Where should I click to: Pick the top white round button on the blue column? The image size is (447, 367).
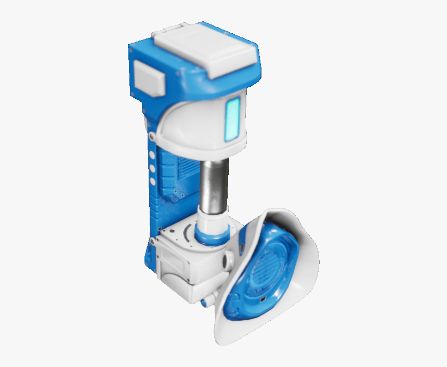click(152, 154)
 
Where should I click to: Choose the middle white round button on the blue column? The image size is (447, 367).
click(152, 168)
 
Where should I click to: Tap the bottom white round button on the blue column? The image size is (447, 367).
click(152, 181)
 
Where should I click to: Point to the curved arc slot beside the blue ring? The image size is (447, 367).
click(186, 233)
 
